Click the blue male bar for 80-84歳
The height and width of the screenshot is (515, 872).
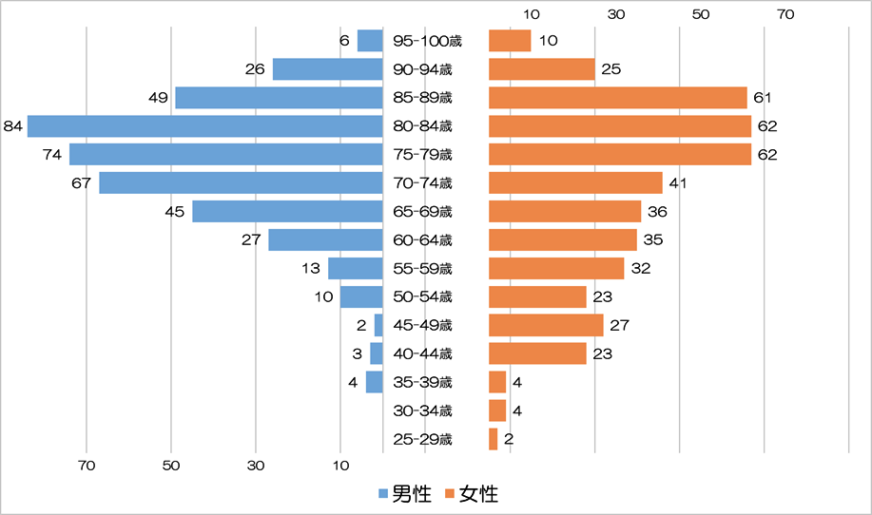(x=204, y=126)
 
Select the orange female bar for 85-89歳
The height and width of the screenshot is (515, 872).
(x=617, y=98)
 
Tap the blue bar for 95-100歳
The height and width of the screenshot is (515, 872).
(x=369, y=41)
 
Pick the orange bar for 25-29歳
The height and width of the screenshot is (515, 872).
(x=493, y=439)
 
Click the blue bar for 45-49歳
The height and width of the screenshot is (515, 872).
(x=378, y=325)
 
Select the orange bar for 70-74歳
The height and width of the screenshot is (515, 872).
(x=575, y=183)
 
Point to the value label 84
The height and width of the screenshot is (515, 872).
(x=13, y=126)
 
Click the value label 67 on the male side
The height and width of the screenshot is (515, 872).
(x=81, y=183)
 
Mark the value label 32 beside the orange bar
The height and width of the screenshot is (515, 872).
(x=640, y=269)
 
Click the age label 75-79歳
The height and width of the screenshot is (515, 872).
(x=422, y=155)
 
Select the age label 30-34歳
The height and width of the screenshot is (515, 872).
(x=422, y=410)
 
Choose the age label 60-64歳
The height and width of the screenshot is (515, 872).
(x=422, y=240)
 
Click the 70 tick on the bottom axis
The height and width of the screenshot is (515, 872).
(x=87, y=466)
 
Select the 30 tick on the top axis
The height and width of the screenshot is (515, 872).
(x=616, y=14)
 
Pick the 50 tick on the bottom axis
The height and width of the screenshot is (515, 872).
(x=171, y=466)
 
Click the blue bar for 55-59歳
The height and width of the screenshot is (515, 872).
(x=355, y=269)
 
